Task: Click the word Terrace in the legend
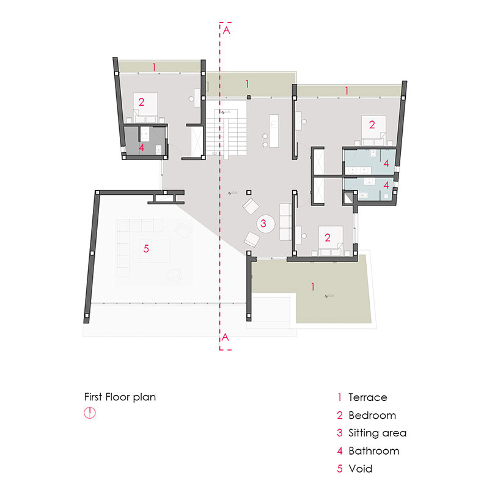(x=367, y=397)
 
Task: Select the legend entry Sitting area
(x=376, y=433)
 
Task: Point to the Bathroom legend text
(x=373, y=451)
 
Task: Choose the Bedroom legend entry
(x=372, y=415)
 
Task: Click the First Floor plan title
(x=120, y=397)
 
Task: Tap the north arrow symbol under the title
(x=90, y=413)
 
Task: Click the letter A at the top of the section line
(x=227, y=30)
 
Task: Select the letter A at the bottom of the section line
(x=226, y=337)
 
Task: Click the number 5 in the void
(x=146, y=248)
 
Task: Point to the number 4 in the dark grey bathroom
(x=141, y=147)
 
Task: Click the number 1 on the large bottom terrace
(x=313, y=286)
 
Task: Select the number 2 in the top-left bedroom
(x=141, y=102)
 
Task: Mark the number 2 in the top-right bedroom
(x=371, y=125)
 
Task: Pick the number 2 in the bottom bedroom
(x=328, y=237)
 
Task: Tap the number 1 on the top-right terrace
(x=347, y=90)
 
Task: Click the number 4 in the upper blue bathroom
(x=386, y=163)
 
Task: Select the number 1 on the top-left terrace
(x=155, y=65)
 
